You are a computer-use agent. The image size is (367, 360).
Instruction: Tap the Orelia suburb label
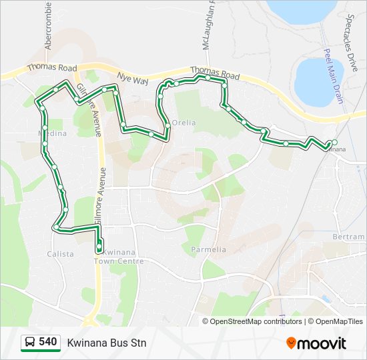184,123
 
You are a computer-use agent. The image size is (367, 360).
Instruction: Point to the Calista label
60,254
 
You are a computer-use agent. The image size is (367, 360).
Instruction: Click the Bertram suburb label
351,237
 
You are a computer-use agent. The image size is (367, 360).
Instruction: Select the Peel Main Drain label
332,76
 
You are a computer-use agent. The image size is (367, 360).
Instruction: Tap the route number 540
47,342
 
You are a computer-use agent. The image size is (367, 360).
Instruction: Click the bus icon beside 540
30,343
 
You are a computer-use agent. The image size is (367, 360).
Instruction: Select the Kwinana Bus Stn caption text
106,343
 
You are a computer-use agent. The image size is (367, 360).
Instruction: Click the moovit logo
316,343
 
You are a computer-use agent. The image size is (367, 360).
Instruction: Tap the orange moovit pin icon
292,343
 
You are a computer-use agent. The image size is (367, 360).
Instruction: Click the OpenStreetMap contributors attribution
256,321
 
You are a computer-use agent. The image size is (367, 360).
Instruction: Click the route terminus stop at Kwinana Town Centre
99,249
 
